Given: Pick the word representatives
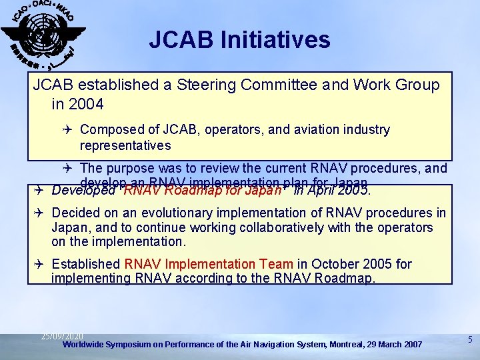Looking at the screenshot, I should tap(125, 145).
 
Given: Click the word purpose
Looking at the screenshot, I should tap(127, 168).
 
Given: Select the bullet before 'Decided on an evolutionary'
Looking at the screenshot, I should tap(39, 213).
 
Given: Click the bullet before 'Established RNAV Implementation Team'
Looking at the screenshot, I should tap(39, 264).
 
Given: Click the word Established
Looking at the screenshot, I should tap(85, 264).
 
